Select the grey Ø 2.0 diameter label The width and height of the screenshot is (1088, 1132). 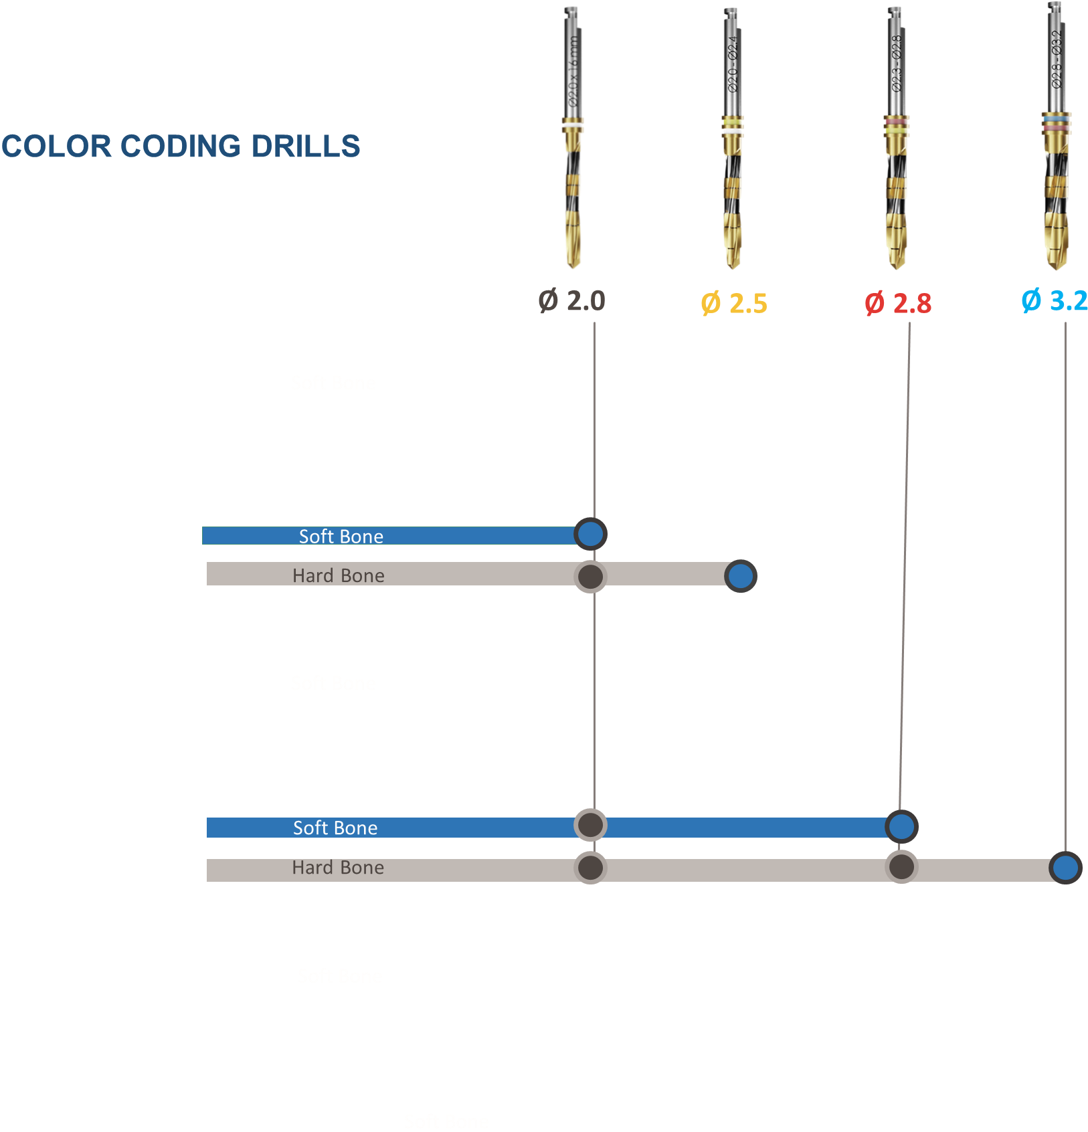click(571, 301)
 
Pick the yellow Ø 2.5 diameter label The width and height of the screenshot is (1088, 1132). click(734, 304)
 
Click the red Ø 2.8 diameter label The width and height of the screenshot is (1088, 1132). click(898, 304)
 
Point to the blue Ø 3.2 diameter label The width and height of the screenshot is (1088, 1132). click(1054, 300)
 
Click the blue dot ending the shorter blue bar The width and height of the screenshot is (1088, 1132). click(590, 534)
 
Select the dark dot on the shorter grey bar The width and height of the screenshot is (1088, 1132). click(590, 576)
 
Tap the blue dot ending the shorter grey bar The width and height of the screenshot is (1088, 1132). click(740, 576)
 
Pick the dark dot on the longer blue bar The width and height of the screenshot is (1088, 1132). click(590, 826)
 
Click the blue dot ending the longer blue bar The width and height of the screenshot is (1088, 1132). click(901, 826)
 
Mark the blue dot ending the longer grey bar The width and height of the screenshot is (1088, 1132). click(1065, 868)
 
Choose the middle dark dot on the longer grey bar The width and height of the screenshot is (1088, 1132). click(901, 867)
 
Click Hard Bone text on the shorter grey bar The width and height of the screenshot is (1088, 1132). click(339, 575)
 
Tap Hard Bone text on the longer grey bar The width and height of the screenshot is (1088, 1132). click(338, 868)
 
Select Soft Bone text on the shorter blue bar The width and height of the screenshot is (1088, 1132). click(341, 537)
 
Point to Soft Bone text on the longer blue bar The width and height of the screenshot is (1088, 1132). click(335, 828)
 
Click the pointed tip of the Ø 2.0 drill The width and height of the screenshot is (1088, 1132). click(573, 266)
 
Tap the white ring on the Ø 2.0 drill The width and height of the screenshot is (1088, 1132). click(573, 125)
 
